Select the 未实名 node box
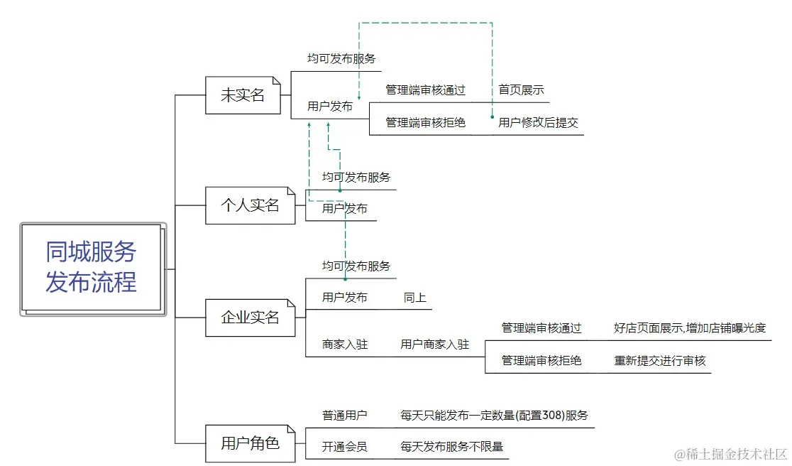click(243, 95)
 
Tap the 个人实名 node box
click(250, 206)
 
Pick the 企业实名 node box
click(250, 318)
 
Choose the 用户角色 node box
click(250, 444)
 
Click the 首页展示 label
click(521, 90)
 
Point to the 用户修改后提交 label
click(538, 123)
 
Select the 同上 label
click(415, 298)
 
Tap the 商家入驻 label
click(345, 345)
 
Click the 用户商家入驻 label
click(434, 345)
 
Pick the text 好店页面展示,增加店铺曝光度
click(690, 328)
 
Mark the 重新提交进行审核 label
click(660, 361)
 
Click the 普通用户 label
click(345, 416)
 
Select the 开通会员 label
click(345, 447)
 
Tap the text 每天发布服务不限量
click(451, 447)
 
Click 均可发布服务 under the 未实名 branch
click(341, 59)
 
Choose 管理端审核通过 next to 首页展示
click(425, 90)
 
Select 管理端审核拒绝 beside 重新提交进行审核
click(541, 361)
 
